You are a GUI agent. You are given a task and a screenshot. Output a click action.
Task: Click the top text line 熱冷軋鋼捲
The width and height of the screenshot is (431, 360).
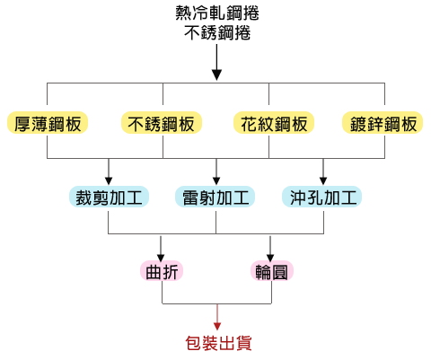217,13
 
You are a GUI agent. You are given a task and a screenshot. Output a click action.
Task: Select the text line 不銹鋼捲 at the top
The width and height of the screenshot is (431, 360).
217,32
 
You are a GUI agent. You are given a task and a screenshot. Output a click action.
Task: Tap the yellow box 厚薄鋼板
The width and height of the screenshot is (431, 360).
48,123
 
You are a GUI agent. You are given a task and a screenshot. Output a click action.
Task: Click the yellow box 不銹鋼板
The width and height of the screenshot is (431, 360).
162,123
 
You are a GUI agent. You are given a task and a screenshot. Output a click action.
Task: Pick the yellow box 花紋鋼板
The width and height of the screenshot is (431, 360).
274,123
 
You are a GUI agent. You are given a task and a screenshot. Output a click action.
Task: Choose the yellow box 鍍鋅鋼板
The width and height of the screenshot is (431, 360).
383,123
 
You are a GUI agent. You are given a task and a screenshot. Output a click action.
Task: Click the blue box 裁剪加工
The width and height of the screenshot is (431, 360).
109,197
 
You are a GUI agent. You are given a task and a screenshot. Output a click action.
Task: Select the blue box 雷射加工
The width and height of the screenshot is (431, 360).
215,197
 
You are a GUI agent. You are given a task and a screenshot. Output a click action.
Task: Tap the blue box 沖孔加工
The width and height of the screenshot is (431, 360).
322,197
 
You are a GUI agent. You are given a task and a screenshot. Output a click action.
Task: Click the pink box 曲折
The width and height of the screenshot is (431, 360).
162,271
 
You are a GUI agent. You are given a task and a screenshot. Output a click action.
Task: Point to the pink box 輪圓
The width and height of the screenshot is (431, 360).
272,271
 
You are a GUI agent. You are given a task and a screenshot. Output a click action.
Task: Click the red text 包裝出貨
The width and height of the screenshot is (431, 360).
218,343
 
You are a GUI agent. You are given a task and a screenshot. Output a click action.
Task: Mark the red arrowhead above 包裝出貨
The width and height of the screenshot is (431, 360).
217,326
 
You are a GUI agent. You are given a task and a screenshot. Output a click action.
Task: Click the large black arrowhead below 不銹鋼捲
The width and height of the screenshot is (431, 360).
216,75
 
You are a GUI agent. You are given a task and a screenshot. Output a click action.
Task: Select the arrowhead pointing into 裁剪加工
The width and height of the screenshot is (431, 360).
109,180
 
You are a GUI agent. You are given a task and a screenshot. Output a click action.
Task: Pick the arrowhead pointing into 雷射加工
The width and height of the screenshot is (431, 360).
216,180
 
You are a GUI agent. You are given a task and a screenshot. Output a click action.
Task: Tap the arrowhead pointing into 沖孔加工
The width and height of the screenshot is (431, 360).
323,180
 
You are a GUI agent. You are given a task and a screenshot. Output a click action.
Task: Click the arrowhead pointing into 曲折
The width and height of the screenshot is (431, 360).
161,258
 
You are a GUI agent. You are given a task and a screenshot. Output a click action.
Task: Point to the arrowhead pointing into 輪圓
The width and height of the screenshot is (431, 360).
270,258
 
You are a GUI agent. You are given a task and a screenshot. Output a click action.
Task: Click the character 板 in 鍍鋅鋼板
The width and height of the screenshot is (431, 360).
409,124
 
